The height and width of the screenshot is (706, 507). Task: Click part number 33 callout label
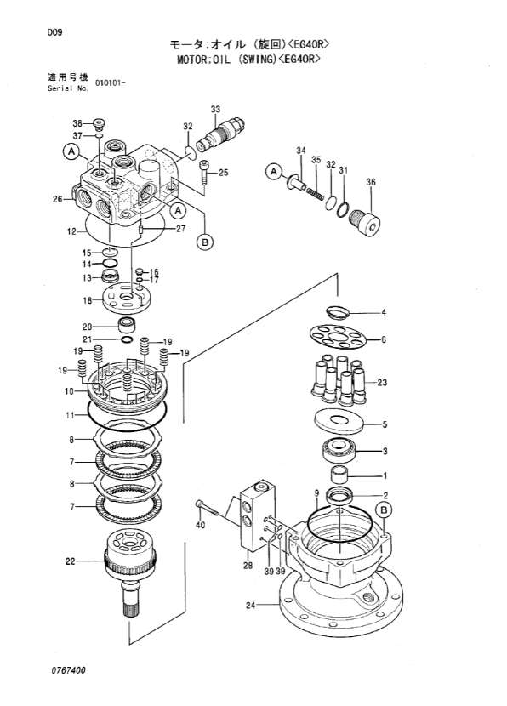pyautogui.click(x=215, y=110)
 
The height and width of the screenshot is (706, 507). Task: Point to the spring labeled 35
pyautogui.click(x=316, y=193)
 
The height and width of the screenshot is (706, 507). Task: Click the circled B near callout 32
pyautogui.click(x=205, y=242)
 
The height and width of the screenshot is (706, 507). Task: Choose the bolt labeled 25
pyautogui.click(x=204, y=173)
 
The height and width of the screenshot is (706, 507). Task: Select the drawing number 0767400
pyautogui.click(x=68, y=671)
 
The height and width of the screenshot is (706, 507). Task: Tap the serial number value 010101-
pyautogui.click(x=111, y=83)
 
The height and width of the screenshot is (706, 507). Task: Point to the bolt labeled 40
pyautogui.click(x=207, y=508)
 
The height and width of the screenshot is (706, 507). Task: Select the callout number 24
pyautogui.click(x=250, y=605)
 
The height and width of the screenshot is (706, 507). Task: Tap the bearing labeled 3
pyautogui.click(x=339, y=449)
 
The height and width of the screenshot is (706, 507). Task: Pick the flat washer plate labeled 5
pyautogui.click(x=339, y=420)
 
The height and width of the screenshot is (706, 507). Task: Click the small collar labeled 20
pyautogui.click(x=127, y=324)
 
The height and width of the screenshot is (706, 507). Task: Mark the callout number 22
pyautogui.click(x=70, y=561)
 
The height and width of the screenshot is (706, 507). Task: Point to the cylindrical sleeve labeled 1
pyautogui.click(x=339, y=475)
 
